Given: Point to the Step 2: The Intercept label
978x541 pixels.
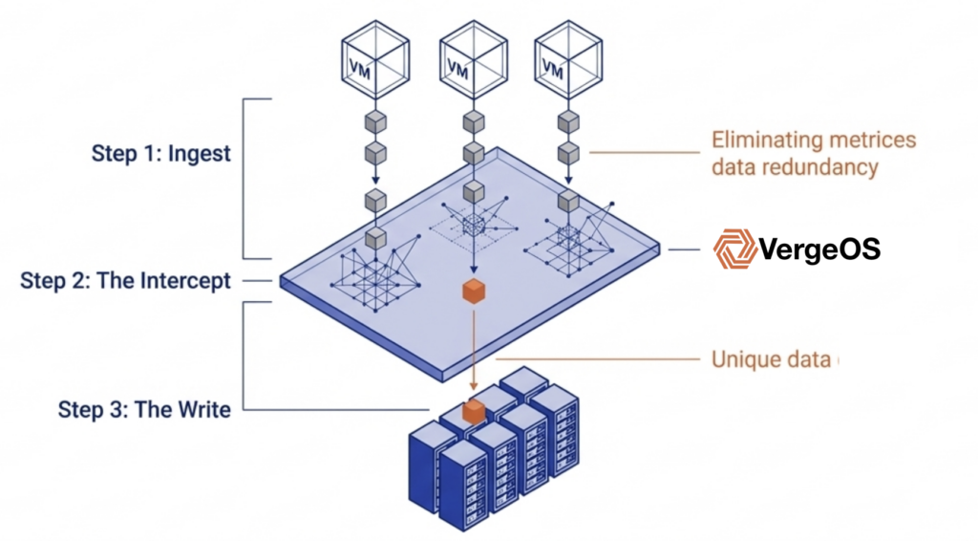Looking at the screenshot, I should tap(125, 281).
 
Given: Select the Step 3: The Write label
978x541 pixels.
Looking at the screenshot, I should tap(144, 410).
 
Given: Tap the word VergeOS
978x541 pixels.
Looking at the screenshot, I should tap(819, 250).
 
